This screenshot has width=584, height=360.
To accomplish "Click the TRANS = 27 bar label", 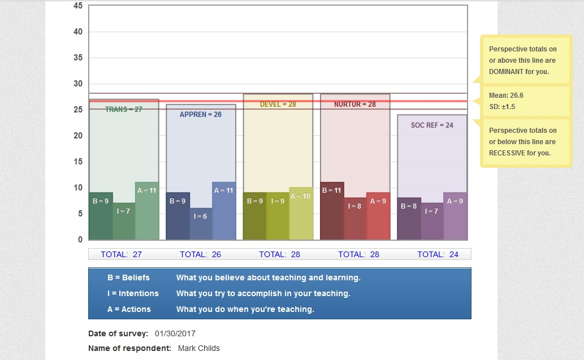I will coord(123,109).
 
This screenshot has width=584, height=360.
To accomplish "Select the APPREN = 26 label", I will coord(200,115).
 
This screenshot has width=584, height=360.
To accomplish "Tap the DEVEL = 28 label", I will coord(278,105).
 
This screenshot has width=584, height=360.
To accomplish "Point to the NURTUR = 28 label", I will coord(354,105).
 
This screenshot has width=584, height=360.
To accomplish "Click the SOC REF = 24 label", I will coord(432,125).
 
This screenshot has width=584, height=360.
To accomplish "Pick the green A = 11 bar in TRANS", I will coord(147,211).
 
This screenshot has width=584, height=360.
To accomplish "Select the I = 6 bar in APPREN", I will coord(201,223).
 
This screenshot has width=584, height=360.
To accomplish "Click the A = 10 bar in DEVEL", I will coord(301,213).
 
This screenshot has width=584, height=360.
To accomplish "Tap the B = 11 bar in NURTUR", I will coord(332,210).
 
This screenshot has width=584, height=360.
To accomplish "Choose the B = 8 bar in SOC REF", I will coord(409,218).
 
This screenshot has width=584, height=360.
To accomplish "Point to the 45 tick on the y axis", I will coord(78,6).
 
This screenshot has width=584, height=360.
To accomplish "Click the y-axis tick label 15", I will coord(78,162).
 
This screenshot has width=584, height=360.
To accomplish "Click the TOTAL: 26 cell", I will coord(200,254).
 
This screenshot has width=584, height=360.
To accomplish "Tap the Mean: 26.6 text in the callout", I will coord(506,96).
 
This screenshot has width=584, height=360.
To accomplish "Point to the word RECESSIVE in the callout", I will coord(509,153).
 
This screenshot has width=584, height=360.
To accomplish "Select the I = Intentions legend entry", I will coord(133,293).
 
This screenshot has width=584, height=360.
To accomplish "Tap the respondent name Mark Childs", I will coord(198,348).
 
